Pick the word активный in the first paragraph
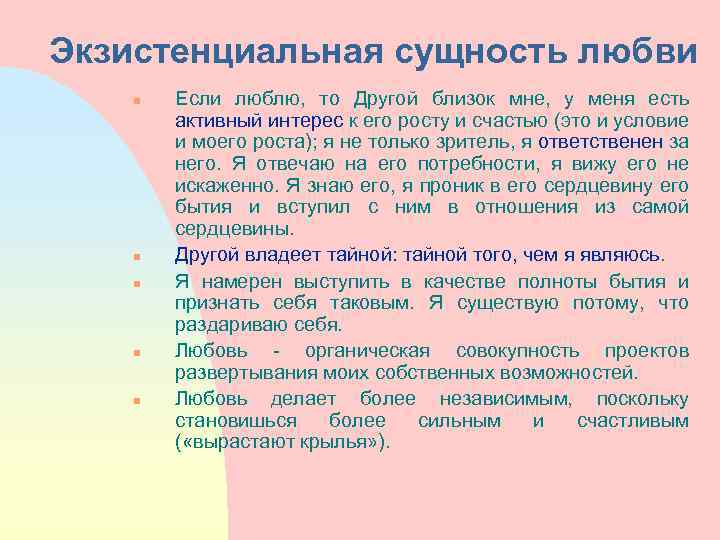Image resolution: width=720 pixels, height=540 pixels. coord(210,120)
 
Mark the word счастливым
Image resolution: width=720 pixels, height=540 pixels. coord(633,420)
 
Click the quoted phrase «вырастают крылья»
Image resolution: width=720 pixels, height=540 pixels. coord(282,443)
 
